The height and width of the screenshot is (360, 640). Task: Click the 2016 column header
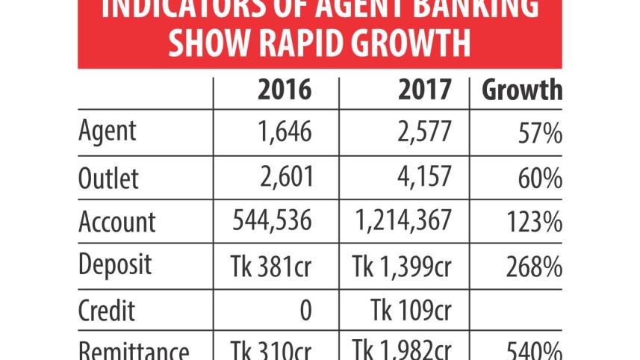pos(284,90)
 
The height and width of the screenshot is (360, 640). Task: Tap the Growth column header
pos(521,90)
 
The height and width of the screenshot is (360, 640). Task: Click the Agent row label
pos(108,131)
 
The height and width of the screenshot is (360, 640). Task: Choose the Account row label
pos(117,222)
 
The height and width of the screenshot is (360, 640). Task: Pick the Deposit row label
pos(116,265)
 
